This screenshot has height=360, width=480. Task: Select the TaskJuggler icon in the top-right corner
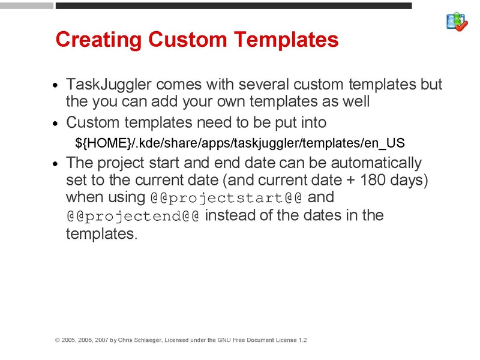[457, 22]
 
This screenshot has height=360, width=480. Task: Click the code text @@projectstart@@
[226, 197]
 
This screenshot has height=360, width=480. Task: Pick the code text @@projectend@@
[133, 215]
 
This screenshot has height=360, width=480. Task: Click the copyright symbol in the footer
[58, 340]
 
